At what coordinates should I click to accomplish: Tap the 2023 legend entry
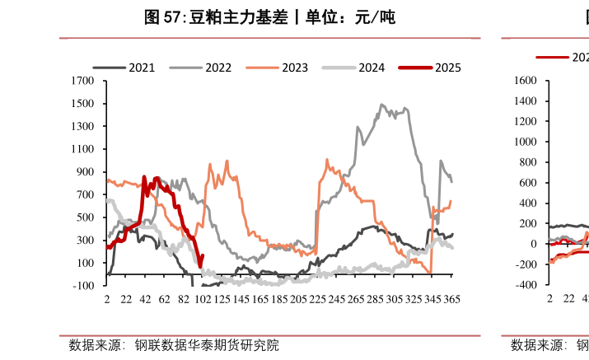tap(295, 68)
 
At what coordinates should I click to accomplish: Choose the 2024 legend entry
tap(372, 68)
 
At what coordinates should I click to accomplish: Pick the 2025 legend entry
tap(447, 68)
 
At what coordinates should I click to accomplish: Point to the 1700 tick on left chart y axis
tap(83, 82)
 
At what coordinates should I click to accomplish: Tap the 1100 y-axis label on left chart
tap(83, 149)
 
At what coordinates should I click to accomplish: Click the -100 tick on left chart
tap(85, 285)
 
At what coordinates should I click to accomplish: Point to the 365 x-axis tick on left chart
tap(452, 301)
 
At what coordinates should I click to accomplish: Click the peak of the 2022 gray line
tap(381, 105)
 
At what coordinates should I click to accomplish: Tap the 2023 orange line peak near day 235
tap(327, 159)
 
